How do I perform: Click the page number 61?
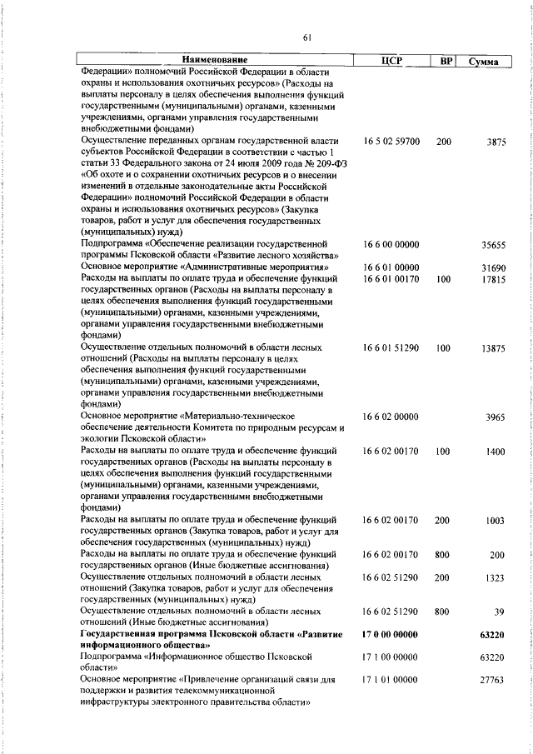[x=306, y=36]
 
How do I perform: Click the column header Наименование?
[x=216, y=61]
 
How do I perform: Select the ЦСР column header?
[x=390, y=61]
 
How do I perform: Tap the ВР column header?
[x=445, y=61]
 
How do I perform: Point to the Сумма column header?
[x=483, y=61]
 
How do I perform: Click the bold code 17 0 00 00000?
[x=391, y=634]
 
